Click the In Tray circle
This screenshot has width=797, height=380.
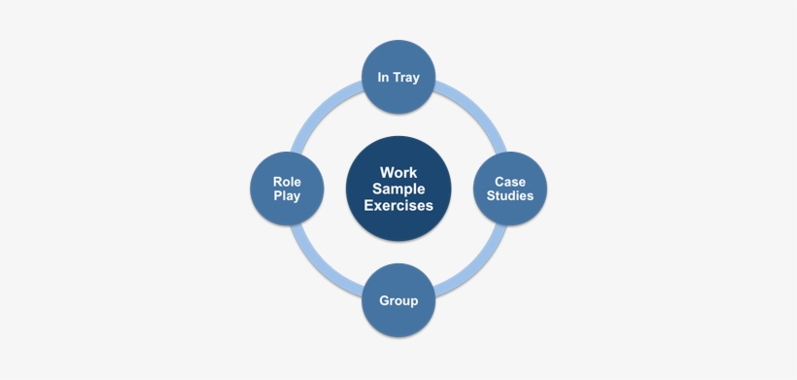pos(398,77)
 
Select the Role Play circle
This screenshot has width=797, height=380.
pos(287,189)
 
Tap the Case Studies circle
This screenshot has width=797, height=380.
pos(510,189)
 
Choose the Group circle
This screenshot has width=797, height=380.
pos(398,300)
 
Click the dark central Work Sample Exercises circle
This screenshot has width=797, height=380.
pos(398,189)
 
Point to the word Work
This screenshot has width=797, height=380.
pos(398,173)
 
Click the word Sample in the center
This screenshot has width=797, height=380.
pos(398,189)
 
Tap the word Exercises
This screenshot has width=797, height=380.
pos(398,205)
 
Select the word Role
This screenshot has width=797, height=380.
pos(287,182)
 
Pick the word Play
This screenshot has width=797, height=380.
pos(287,196)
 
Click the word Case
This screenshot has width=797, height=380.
pos(510,182)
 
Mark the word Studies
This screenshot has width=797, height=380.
pos(510,195)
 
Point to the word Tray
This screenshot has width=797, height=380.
pos(405,78)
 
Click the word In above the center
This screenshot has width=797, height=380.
pos(383,77)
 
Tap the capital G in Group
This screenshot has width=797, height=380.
pos(384,300)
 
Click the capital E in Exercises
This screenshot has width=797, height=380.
pos(368,205)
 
